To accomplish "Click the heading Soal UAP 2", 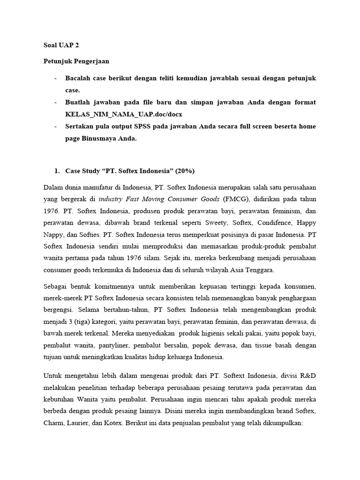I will pyautogui.click(x=58, y=47).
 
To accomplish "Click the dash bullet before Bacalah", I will pyautogui.click(x=56, y=78).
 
